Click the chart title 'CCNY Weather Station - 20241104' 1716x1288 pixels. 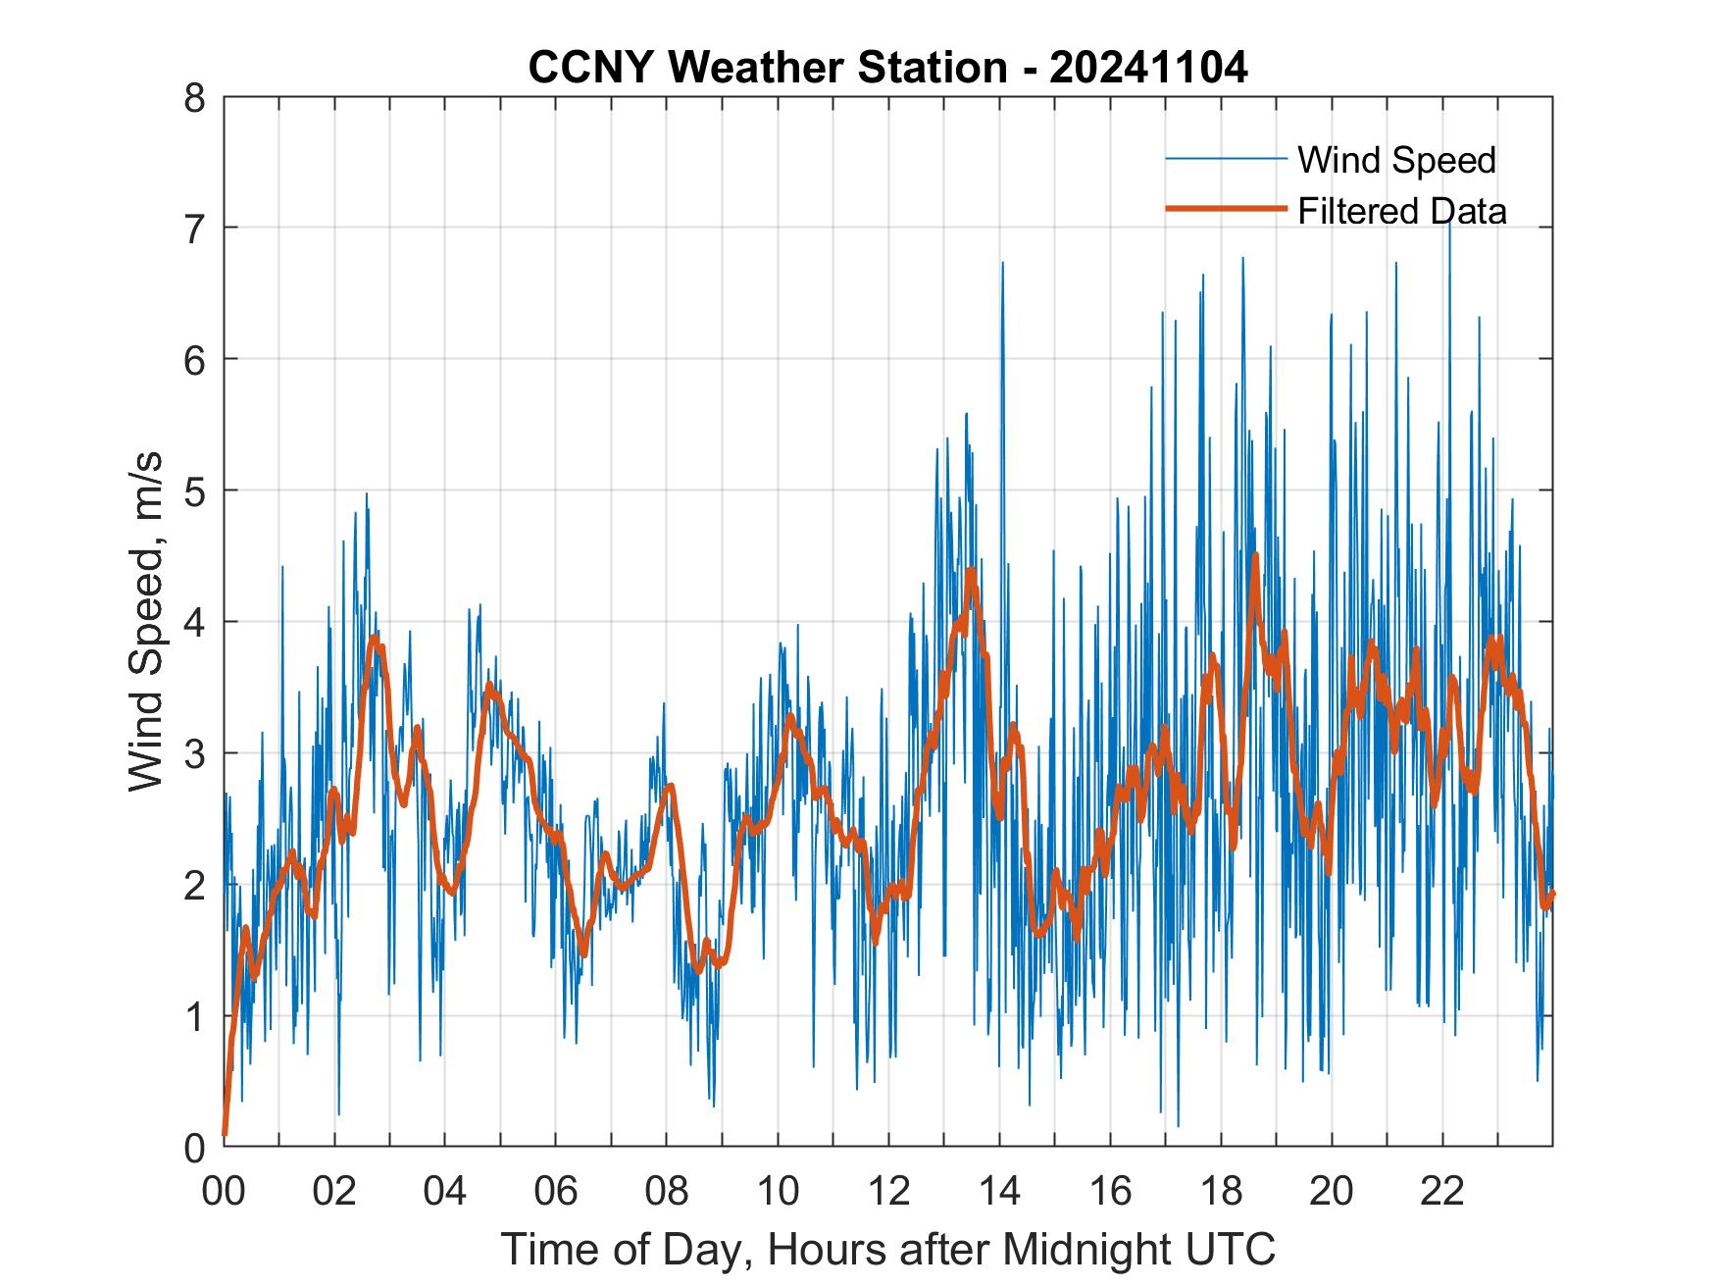pyautogui.click(x=887, y=68)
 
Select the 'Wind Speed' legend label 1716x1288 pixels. pyautogui.click(x=1396, y=160)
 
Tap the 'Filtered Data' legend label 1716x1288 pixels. pyautogui.click(x=1401, y=211)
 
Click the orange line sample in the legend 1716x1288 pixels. pyautogui.click(x=1225, y=209)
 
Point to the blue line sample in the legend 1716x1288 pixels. pyautogui.click(x=1225, y=159)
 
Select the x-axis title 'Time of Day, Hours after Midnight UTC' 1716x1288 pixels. pyautogui.click(x=887, y=1249)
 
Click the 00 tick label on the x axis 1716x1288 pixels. pyautogui.click(x=224, y=1191)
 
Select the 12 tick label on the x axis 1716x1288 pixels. pyautogui.click(x=888, y=1191)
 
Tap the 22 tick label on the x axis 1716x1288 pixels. pyautogui.click(x=1442, y=1191)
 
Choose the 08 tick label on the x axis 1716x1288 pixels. pyautogui.click(x=667, y=1191)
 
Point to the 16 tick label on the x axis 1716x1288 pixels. pyautogui.click(x=1110, y=1191)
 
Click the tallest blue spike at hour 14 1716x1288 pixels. pyautogui.click(x=1002, y=264)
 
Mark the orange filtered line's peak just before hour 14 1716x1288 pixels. pyautogui.click(x=971, y=570)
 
